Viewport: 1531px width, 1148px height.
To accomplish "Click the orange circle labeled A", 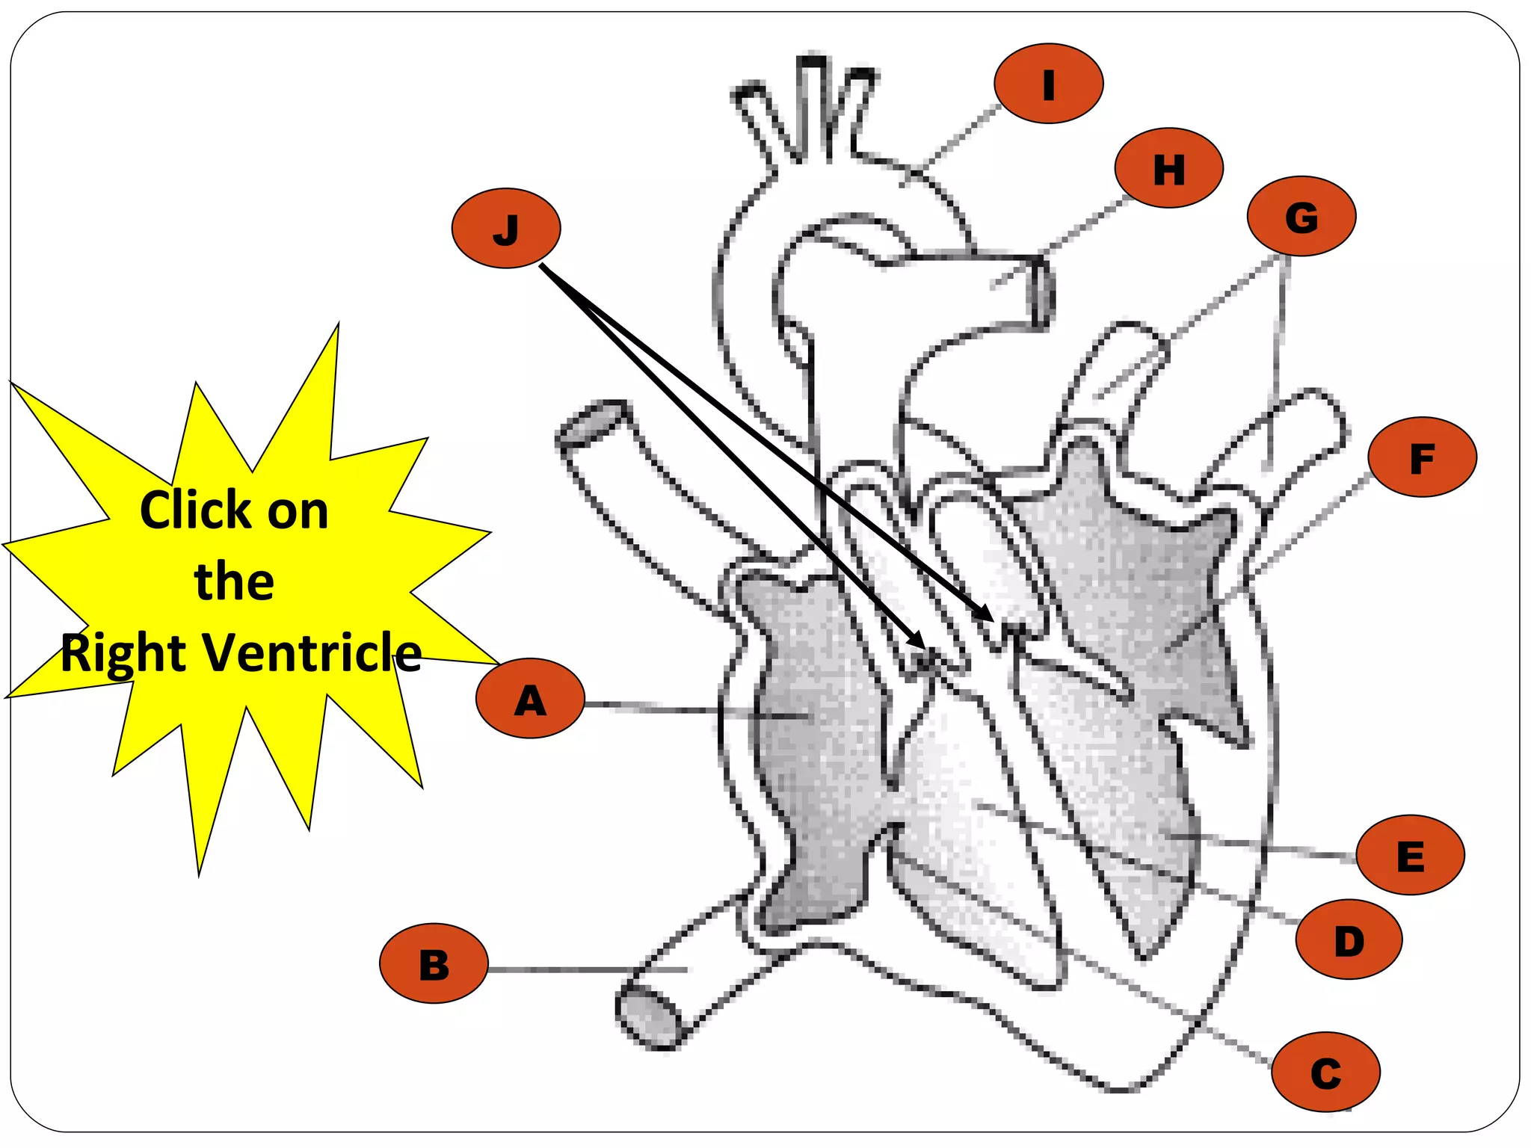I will tap(530, 698).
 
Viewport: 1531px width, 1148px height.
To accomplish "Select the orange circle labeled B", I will tap(434, 963).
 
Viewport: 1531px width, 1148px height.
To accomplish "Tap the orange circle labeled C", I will tap(1325, 1073).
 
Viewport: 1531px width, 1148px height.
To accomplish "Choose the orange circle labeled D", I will tap(1349, 939).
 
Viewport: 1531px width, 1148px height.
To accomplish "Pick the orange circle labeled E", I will tap(1410, 854).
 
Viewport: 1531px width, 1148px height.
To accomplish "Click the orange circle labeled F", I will tap(1422, 457).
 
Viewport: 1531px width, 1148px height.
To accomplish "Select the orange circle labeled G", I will tap(1301, 216).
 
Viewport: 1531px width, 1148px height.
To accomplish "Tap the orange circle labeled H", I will tap(1168, 168).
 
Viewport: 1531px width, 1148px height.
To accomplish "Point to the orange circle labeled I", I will tap(1048, 83).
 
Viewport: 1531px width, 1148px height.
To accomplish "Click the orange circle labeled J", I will tap(506, 228).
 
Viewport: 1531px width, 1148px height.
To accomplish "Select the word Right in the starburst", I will tap(123, 653).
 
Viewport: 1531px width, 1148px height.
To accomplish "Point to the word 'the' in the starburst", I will tap(234, 581).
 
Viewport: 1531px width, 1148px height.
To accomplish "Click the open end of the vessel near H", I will tap(1044, 292).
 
